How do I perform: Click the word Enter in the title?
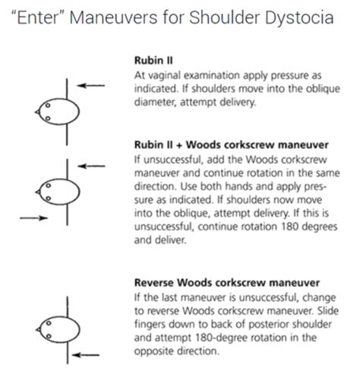38,17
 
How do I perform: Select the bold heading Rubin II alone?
153,61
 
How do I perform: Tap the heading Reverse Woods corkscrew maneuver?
227,283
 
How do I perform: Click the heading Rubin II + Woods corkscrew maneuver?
232,145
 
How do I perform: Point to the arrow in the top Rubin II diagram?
91,85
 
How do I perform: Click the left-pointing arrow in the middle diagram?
91,166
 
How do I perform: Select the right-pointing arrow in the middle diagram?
33,218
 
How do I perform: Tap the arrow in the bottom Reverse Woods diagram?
86,355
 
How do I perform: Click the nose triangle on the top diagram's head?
37,112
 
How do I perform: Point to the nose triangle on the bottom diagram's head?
38,330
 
